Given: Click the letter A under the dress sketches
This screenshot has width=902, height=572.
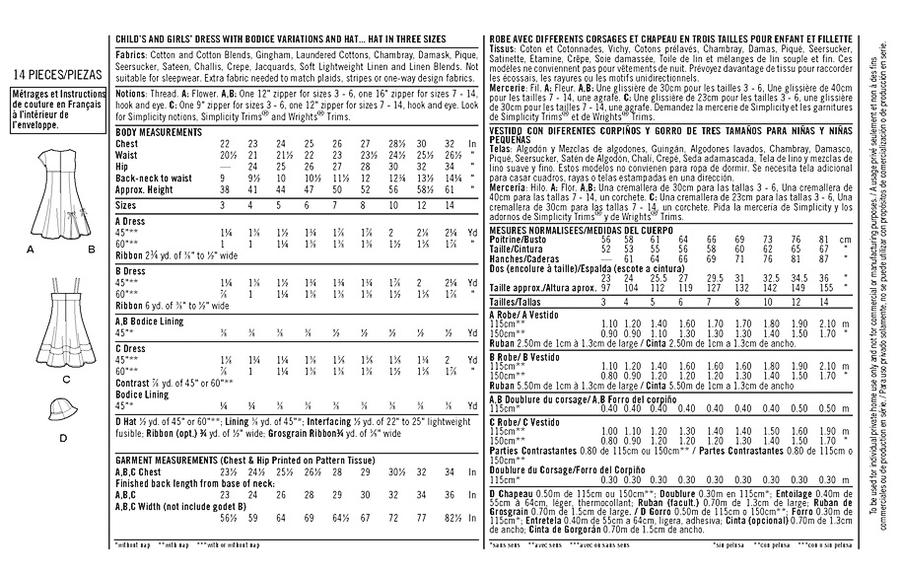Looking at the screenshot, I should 31,250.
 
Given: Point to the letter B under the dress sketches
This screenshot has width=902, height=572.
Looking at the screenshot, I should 91,250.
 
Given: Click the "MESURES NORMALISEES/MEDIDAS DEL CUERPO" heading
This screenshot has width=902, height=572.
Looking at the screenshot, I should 569,229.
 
